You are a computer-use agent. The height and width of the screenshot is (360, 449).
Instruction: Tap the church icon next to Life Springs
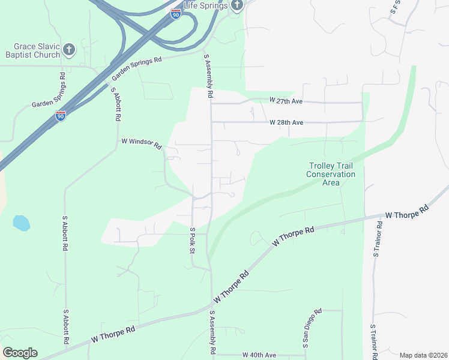(x=237, y=6)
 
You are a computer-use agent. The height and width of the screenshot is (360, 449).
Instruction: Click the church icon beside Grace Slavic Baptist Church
(x=70, y=49)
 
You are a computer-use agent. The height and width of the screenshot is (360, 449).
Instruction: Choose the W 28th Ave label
(x=286, y=122)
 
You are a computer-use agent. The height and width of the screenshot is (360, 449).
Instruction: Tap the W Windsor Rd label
(x=142, y=144)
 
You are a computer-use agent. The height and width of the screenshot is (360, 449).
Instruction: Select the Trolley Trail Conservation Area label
(x=331, y=174)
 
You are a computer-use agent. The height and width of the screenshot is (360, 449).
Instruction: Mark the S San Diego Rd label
(x=313, y=328)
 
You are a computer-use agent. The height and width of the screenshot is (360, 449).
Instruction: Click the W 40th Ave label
(x=259, y=355)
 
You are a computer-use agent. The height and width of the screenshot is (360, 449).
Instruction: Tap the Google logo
(x=20, y=353)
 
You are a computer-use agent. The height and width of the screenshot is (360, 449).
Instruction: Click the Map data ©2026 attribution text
(x=423, y=355)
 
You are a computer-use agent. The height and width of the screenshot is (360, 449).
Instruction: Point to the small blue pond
(x=21, y=223)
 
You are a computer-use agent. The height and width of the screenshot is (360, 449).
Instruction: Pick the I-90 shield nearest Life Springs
(x=175, y=14)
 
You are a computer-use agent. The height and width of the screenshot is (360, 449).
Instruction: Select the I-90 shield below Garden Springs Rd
(x=61, y=116)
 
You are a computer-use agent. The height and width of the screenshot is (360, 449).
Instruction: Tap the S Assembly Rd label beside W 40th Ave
(x=212, y=333)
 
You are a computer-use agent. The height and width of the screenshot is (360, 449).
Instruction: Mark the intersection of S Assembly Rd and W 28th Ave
(x=211, y=122)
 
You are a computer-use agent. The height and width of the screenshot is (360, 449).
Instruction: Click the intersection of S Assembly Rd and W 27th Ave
(x=211, y=103)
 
